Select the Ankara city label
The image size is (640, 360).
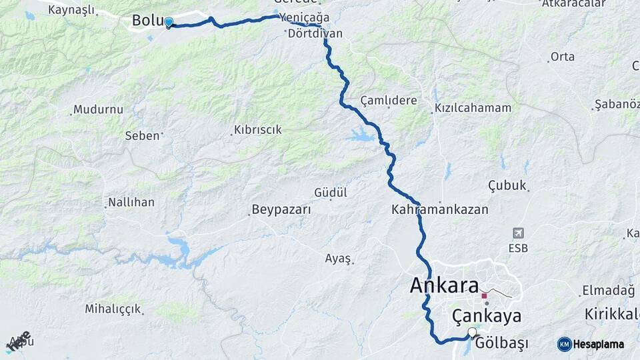coord(444,285)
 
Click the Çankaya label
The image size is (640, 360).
coord(486,315)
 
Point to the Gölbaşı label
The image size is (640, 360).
coord(502,343)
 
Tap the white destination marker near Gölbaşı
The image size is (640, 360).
coord(473,332)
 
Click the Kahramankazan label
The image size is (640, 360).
coord(440,209)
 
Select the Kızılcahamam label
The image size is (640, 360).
coord(473,108)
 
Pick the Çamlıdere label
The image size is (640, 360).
coord(389,101)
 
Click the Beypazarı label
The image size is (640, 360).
coord(281,210)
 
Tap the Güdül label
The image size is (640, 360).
coord(331,193)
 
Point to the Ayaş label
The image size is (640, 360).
coord(337,258)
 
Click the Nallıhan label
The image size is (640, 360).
coord(131,201)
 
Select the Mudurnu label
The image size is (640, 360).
coord(99,109)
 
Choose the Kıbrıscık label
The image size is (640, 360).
coord(258,130)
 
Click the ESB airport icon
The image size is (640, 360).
coord(517,233)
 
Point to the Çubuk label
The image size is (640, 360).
coord(507,185)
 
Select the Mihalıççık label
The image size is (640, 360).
coord(113,309)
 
